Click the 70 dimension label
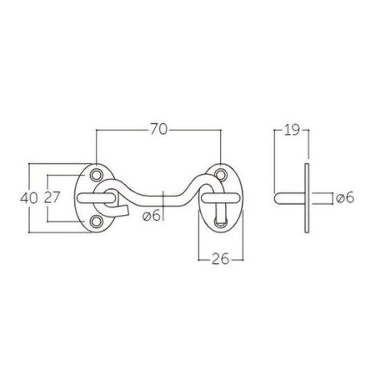159,130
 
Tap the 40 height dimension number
29,198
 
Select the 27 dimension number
51,198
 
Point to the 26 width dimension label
220,259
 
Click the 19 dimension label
292,130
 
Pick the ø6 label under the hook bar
151,216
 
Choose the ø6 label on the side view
345,198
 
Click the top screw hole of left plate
96,175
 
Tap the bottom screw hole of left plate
96,221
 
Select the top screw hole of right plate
220,175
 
